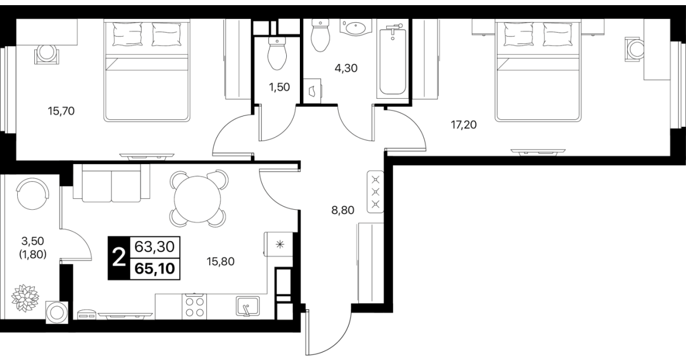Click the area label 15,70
pyautogui.click(x=61, y=111)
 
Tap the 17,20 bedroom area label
pyautogui.click(x=464, y=125)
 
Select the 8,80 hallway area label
pyautogui.click(x=343, y=210)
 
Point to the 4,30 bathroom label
pyautogui.click(x=346, y=68)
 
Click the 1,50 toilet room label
pyautogui.click(x=279, y=87)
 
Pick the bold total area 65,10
pyautogui.click(x=155, y=269)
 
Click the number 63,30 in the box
pyautogui.click(x=155, y=247)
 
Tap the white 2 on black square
pyautogui.click(x=119, y=258)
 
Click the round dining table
pyautogui.click(x=198, y=199)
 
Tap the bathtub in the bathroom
pyautogui.click(x=392, y=61)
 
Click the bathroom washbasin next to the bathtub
pyautogui.click(x=355, y=28)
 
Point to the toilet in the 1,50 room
pyautogui.click(x=277, y=54)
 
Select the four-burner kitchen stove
pyautogui.click(x=194, y=307)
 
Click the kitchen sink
pyautogui.click(x=248, y=306)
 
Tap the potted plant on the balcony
pyautogui.click(x=25, y=298)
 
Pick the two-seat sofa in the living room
pyautogui.click(x=111, y=183)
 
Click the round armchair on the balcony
pyautogui.click(x=33, y=194)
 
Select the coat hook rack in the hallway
pyautogui.click(x=375, y=192)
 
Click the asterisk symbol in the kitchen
pyautogui.click(x=280, y=244)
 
